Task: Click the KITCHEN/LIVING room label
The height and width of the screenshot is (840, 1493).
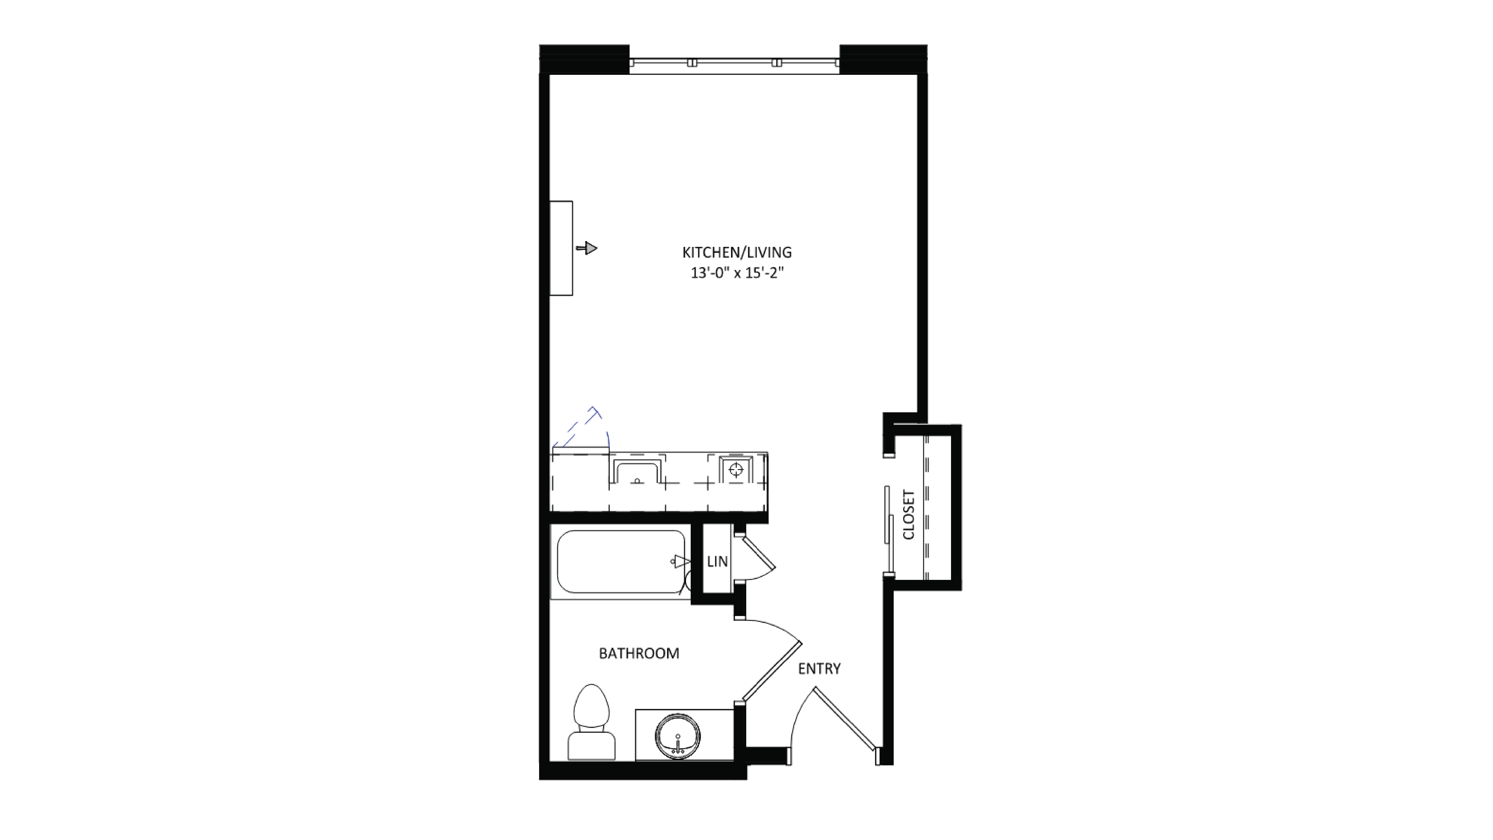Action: click(x=737, y=253)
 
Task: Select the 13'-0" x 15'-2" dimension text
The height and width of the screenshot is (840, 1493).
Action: click(x=737, y=273)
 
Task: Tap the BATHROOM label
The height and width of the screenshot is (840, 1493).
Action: click(x=639, y=653)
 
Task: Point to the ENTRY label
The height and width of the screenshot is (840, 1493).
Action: click(x=819, y=668)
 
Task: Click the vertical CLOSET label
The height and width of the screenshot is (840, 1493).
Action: click(x=909, y=514)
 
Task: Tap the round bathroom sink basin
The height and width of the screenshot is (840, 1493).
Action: click(x=678, y=736)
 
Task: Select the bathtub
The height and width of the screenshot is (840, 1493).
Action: click(x=620, y=561)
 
